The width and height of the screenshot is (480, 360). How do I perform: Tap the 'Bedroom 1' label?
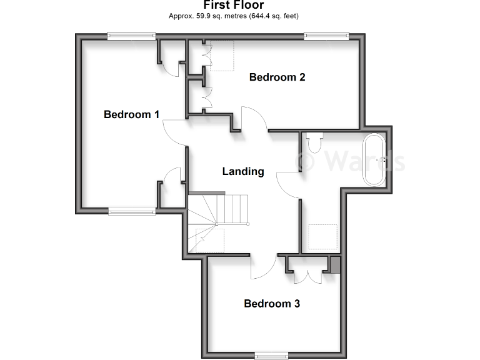click(x=131, y=114)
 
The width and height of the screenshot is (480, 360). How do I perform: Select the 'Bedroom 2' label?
click(x=277, y=77)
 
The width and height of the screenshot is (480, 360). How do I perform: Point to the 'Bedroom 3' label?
click(x=272, y=304)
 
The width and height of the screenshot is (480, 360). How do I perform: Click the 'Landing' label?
click(x=243, y=171)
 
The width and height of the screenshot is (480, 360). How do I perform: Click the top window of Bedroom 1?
click(x=131, y=36)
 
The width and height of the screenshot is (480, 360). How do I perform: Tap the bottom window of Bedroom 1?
click(x=131, y=212)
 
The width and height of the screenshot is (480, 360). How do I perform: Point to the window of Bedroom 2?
click(x=325, y=36)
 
